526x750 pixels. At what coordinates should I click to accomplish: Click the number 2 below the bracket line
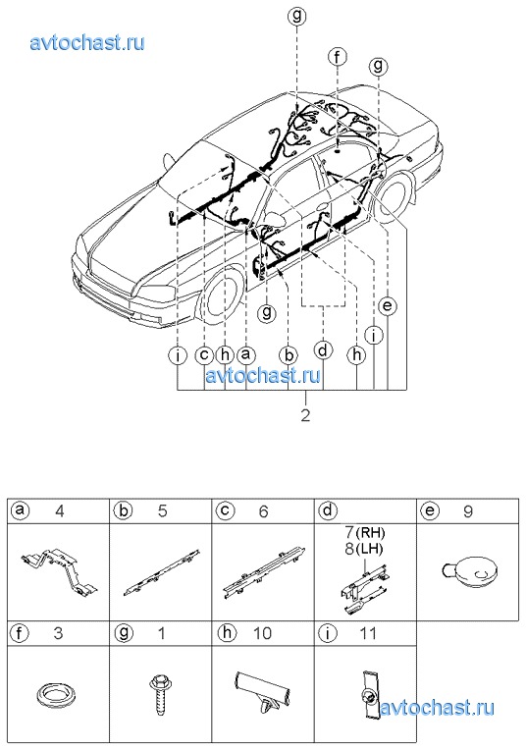(305, 414)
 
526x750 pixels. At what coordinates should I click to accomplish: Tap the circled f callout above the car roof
(338, 57)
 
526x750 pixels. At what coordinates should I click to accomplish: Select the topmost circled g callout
(297, 17)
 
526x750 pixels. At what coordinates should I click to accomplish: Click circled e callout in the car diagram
(387, 305)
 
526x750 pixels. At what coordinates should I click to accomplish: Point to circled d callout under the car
(324, 350)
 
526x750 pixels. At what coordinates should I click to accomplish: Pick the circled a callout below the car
(245, 355)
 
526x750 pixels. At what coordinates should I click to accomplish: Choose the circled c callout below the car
(204, 355)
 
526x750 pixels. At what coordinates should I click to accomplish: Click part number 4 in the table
(59, 511)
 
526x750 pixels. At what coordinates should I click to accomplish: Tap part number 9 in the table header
(468, 511)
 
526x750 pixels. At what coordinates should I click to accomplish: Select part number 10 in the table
(262, 633)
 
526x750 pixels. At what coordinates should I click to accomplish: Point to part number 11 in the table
(368, 633)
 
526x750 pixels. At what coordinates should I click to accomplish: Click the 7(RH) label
(364, 532)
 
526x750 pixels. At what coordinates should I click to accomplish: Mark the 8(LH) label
(364, 548)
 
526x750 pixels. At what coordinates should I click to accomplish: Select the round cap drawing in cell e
(469, 570)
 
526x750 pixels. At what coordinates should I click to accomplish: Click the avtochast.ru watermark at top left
(87, 43)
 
